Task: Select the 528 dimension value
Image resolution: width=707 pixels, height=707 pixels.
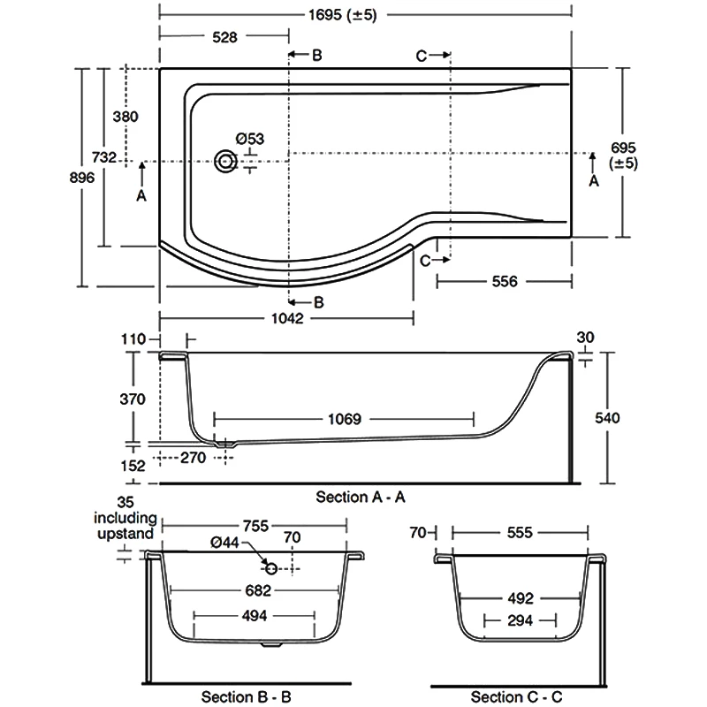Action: pyautogui.click(x=224, y=37)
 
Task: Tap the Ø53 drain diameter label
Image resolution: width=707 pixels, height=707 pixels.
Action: pyautogui.click(x=250, y=138)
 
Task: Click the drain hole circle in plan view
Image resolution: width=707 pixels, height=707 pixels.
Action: pyautogui.click(x=226, y=162)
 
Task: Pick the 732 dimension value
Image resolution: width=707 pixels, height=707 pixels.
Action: pyautogui.click(x=104, y=157)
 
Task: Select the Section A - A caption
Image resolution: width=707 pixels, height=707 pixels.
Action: pyautogui.click(x=361, y=497)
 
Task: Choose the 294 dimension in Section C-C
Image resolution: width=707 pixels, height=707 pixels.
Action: pyautogui.click(x=520, y=620)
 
